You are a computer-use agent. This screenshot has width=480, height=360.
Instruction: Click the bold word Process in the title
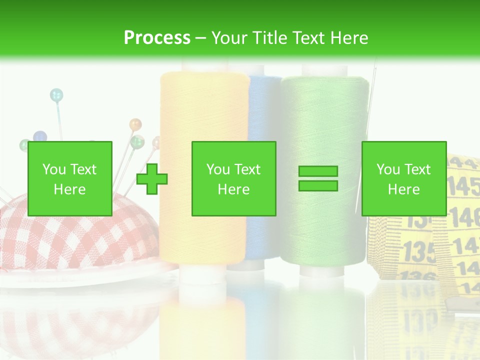click(x=157, y=37)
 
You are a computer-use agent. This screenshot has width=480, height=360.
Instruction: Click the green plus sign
click(x=152, y=179)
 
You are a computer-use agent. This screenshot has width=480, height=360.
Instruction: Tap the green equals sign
click(x=318, y=178)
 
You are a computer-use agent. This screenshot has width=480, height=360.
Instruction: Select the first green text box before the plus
click(x=70, y=178)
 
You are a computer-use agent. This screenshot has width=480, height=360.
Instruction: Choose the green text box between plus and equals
click(x=233, y=178)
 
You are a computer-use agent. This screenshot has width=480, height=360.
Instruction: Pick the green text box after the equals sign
click(x=403, y=178)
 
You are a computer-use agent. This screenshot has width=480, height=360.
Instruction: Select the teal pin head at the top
click(x=56, y=94)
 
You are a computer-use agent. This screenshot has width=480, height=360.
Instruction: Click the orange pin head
click(x=135, y=123)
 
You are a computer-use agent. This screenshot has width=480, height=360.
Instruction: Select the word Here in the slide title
click(x=350, y=37)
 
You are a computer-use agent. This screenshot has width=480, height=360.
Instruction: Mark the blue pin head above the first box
click(x=40, y=136)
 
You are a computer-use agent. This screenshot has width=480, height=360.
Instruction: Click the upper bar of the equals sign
click(x=318, y=171)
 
